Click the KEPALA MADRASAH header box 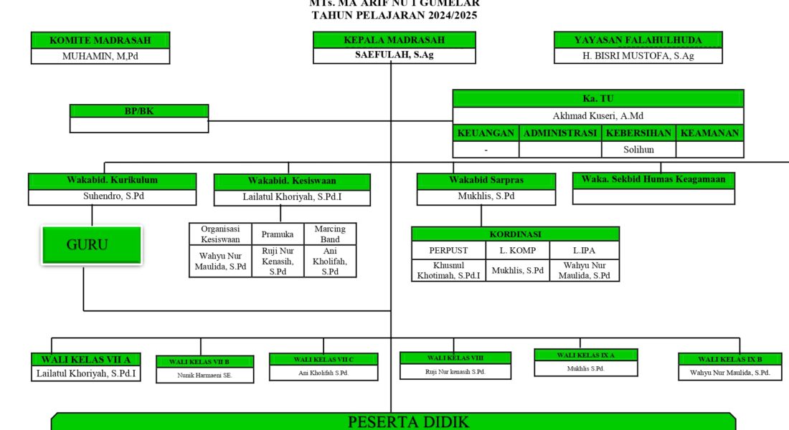394,40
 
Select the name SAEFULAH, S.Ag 394,56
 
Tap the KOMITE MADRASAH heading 100,40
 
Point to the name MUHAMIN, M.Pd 100,57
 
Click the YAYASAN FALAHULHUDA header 638,40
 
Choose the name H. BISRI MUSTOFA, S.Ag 638,56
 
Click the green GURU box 91,244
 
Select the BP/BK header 139,111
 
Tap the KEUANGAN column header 486,133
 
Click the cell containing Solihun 638,150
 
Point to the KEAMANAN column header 709,133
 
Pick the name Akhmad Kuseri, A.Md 597,115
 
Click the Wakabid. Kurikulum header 112,180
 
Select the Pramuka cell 278,234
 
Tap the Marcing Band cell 330,234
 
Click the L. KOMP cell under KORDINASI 517,250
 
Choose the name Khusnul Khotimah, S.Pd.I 449,270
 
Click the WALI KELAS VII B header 204,361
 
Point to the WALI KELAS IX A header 586,355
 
